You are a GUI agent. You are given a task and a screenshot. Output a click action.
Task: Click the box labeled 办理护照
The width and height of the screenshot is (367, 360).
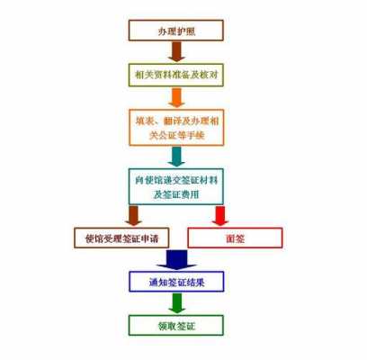(x=176, y=31)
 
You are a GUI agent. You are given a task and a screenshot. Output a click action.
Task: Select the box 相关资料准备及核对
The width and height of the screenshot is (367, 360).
(x=176, y=75)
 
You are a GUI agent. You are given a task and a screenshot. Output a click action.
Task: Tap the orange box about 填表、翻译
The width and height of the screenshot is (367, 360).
(x=176, y=128)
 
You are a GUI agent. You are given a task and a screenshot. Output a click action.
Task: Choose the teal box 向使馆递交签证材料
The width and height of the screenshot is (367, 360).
(x=176, y=186)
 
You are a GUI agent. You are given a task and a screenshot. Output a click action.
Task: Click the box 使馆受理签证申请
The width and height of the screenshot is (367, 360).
(x=121, y=238)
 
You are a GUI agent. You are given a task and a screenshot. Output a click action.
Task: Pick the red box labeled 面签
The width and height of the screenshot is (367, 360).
(x=235, y=238)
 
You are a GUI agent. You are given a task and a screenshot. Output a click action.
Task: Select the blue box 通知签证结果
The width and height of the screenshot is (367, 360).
(x=176, y=282)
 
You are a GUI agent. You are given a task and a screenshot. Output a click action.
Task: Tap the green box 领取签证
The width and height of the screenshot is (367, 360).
(x=176, y=325)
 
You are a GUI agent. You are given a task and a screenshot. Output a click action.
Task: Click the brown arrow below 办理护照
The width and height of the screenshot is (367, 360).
(x=176, y=51)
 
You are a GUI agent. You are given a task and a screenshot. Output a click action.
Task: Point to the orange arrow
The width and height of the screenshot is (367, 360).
(x=176, y=97)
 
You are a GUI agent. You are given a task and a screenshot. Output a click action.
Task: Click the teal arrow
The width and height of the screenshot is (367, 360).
(x=176, y=157)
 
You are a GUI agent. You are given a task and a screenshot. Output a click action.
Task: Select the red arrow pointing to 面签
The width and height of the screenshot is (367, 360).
(x=220, y=215)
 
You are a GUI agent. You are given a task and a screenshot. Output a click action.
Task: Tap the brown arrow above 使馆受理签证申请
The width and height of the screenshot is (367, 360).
(x=133, y=215)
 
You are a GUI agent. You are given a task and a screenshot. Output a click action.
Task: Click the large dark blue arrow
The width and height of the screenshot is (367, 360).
(x=176, y=260)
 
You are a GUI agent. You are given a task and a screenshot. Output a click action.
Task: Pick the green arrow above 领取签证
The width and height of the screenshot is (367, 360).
(x=176, y=303)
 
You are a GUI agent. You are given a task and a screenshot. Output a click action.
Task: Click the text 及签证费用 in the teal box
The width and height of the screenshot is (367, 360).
(x=176, y=194)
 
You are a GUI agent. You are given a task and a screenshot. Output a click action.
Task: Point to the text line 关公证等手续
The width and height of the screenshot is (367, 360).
(x=176, y=136)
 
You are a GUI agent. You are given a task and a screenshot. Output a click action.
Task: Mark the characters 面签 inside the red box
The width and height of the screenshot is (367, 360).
(x=235, y=238)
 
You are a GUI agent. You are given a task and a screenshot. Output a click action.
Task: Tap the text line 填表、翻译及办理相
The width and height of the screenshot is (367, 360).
(x=176, y=121)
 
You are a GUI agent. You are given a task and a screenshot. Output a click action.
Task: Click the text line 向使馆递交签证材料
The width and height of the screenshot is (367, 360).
(x=176, y=180)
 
